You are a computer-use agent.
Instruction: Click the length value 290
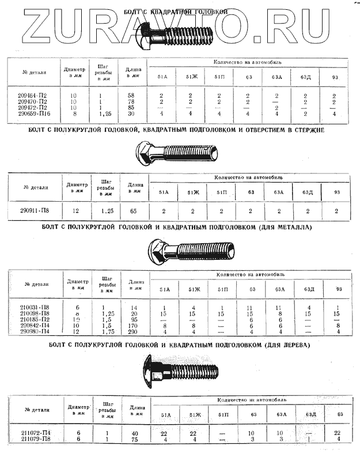(133, 331)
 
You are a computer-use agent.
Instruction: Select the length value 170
(133, 325)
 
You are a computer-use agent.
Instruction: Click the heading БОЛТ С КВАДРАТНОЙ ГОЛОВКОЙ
(176, 12)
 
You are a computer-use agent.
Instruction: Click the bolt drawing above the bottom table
(179, 369)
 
